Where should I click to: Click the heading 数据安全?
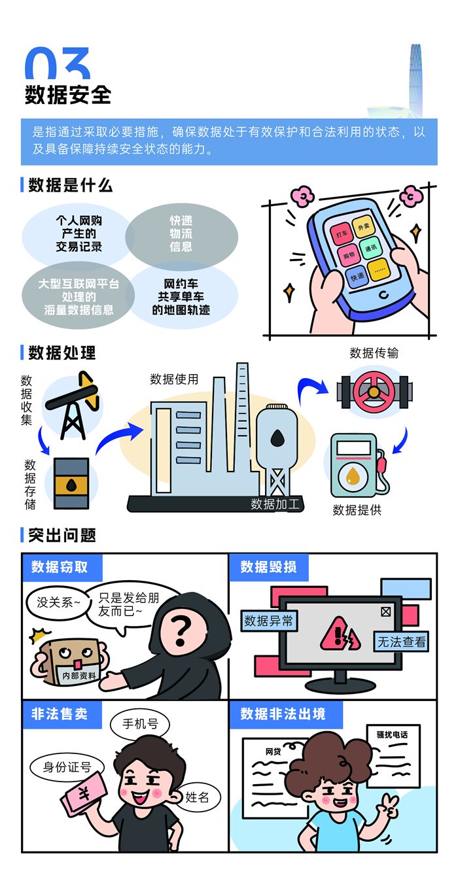[x=68, y=95]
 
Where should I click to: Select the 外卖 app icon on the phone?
[x=364, y=227]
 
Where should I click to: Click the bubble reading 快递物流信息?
[x=182, y=234]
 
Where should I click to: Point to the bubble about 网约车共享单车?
[x=182, y=297]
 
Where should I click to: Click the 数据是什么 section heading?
[x=71, y=185]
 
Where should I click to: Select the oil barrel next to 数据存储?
[x=71, y=483]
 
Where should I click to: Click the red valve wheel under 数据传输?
[x=374, y=392]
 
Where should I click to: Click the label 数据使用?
[x=174, y=379]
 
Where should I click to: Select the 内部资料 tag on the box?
[x=79, y=676]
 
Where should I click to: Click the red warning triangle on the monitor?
[x=340, y=634]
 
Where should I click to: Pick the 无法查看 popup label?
[x=401, y=642]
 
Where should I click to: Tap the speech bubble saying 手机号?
[x=140, y=723]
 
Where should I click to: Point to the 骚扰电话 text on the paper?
[x=392, y=734]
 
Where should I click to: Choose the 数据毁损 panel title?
[x=268, y=567]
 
